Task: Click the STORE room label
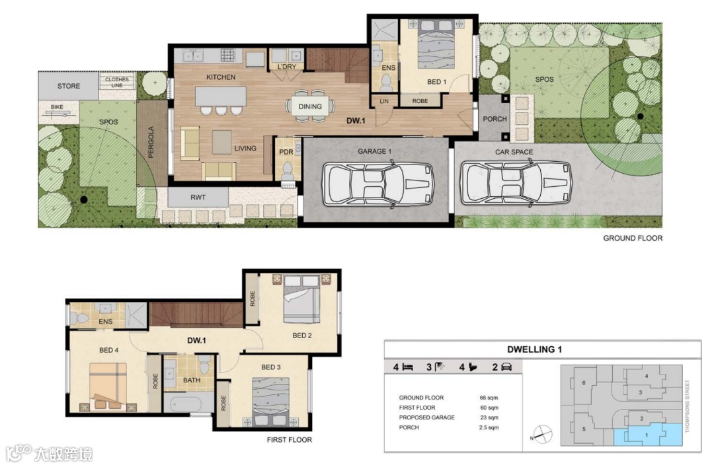tap(69, 86)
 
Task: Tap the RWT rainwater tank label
tap(198, 198)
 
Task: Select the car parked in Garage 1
tap(378, 184)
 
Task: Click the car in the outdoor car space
tap(516, 184)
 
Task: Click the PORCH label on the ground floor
tap(495, 120)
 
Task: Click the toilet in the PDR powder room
tap(288, 170)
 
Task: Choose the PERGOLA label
tap(151, 142)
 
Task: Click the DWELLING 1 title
tap(534, 349)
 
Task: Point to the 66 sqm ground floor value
tap(489, 398)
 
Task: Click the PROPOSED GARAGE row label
tap(426, 417)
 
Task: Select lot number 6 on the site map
tap(584, 383)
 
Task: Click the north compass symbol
tap(542, 435)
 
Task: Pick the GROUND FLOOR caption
tap(633, 238)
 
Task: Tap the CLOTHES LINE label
tap(117, 83)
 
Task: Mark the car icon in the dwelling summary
tap(506, 367)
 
